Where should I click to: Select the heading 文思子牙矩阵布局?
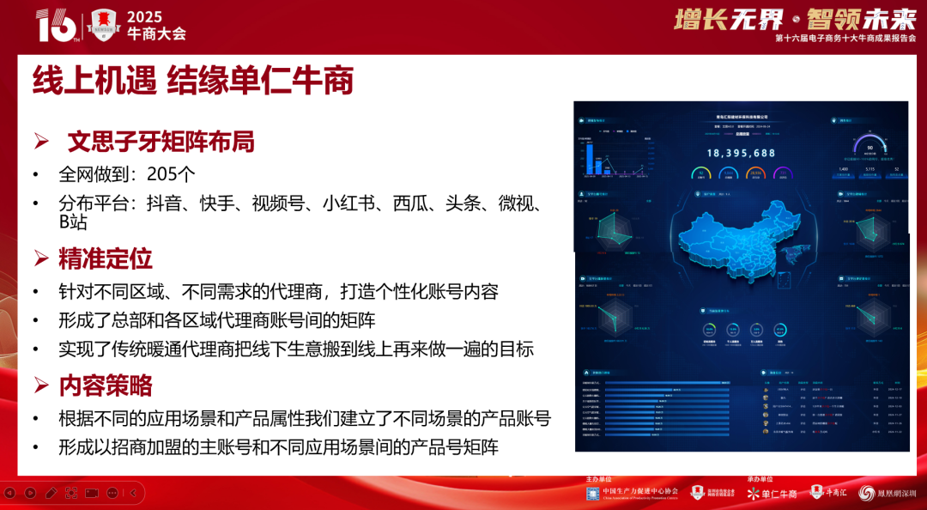click(161, 141)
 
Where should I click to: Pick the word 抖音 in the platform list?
click(164, 203)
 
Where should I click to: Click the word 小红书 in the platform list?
click(348, 203)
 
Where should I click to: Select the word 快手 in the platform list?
click(216, 203)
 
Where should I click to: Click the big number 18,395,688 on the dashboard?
click(741, 153)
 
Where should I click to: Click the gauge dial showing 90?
click(869, 147)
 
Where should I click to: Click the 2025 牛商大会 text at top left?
click(156, 26)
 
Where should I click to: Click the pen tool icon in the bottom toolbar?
click(50, 493)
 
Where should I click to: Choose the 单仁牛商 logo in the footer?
click(772, 494)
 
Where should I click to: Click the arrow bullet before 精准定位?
click(40, 258)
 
